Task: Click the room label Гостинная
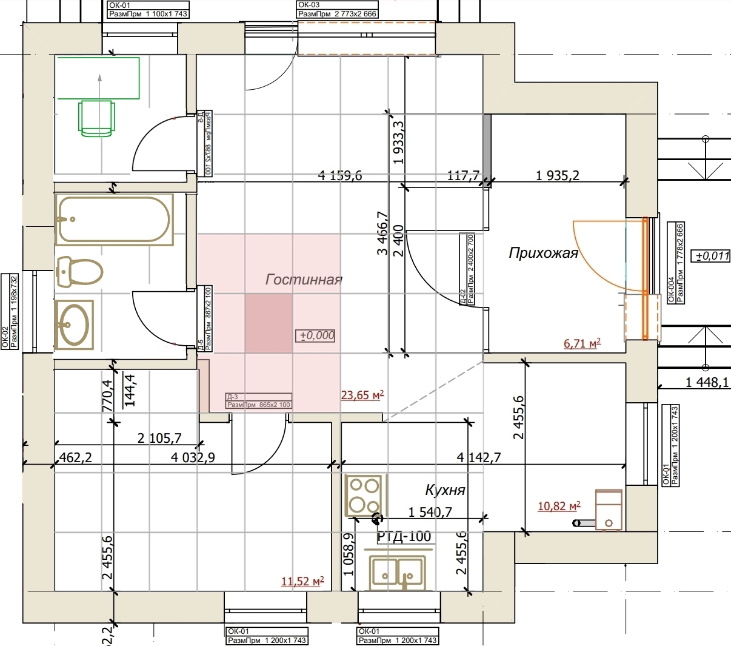pos(304,279)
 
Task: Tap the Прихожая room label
pos(543,252)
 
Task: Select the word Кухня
pos(445,490)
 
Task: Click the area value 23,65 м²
pos(362,395)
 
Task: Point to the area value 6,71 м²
pos(582,344)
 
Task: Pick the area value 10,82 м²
pos(559,506)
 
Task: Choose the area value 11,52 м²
pos(302,582)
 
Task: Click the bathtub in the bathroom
pos(113,218)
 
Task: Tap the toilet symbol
pos(79,271)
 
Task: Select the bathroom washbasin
pos(74,325)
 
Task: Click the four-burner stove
pos(364,496)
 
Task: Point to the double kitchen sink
pos(396,571)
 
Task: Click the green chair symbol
pos(97,117)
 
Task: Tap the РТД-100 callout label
pos(404,536)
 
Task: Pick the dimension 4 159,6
pos(340,176)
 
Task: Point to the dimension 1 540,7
pos(430,512)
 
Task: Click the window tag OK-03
pos(309,5)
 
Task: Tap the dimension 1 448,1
pos(707,382)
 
